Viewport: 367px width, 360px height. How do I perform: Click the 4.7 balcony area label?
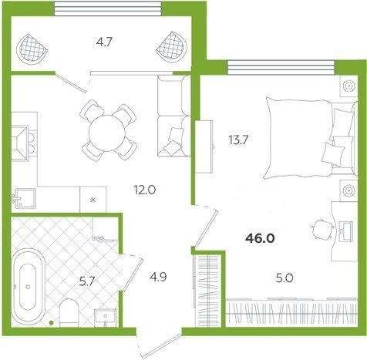pos(104,42)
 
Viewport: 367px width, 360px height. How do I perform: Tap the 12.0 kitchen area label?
pos(145,190)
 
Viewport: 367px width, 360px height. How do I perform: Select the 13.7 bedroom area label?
pos(238,140)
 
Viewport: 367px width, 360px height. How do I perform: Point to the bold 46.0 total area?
pos(260,239)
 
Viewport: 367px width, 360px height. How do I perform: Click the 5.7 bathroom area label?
pos(87,282)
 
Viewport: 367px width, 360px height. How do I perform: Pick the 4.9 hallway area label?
pos(158,277)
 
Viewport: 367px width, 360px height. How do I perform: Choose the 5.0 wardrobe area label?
pos(285,278)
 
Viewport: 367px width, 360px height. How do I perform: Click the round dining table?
pos(107,133)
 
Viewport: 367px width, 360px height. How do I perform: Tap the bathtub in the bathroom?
pos(28,287)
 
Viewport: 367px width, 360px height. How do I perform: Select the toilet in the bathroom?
pos(69,313)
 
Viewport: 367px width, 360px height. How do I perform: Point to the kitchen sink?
pos(25,199)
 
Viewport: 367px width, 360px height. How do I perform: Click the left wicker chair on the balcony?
pos(32,49)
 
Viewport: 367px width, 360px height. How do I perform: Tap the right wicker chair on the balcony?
pos(171,48)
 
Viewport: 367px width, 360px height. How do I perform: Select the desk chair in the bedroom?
pos(322,228)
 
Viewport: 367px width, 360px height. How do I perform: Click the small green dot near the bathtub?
pos(52,323)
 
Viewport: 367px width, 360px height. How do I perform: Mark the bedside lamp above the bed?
pos(348,85)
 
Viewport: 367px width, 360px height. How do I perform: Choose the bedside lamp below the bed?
pos(348,190)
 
